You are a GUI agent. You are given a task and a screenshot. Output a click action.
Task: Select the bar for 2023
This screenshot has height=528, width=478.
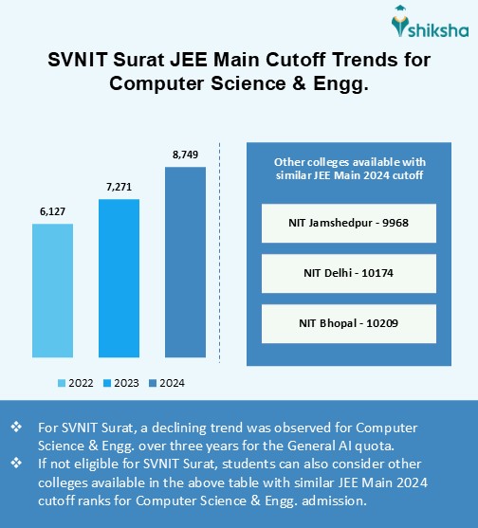pyautogui.click(x=118, y=284)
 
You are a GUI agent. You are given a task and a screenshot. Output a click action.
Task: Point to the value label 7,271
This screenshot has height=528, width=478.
pyautogui.click(x=118, y=187)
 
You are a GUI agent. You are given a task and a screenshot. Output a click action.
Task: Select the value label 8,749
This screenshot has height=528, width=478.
pyautogui.click(x=185, y=154)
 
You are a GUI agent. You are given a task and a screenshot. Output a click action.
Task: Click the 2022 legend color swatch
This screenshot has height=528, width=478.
pyautogui.click(x=63, y=384)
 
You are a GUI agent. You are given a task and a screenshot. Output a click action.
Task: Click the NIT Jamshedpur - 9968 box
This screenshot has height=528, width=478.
pyautogui.click(x=349, y=225)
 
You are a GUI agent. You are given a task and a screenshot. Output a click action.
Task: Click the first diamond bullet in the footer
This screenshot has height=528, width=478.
pyautogui.click(x=15, y=428)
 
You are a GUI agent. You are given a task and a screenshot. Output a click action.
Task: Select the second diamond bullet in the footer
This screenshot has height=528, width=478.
pyautogui.click(x=15, y=462)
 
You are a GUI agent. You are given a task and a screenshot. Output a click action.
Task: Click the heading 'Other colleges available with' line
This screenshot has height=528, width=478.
pyautogui.click(x=349, y=161)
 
